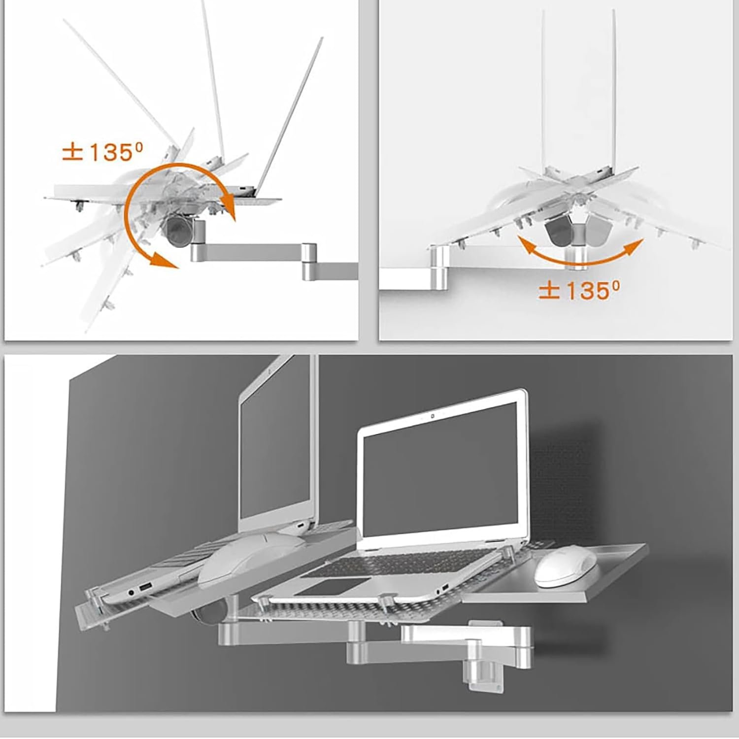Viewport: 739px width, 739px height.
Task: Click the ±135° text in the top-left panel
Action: click(x=98, y=152)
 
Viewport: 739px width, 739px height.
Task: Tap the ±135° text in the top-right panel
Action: click(x=579, y=290)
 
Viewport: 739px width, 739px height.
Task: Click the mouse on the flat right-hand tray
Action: click(x=567, y=568)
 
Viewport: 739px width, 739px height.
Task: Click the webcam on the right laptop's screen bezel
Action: click(x=432, y=416)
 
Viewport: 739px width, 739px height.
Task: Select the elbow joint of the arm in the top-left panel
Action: click(x=309, y=260)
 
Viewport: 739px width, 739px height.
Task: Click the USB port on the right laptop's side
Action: click(x=444, y=588)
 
